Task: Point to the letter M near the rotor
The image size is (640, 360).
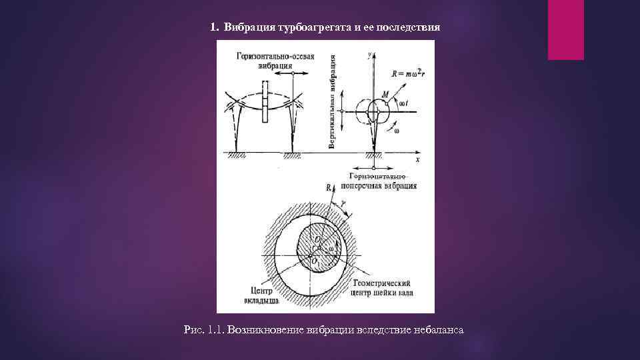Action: click(x=385, y=94)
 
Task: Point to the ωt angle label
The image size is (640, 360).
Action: click(x=403, y=105)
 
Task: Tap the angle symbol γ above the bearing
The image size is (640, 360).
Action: click(x=343, y=203)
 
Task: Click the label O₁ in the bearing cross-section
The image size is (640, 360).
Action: click(x=315, y=261)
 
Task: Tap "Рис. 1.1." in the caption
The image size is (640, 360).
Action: click(x=203, y=330)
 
